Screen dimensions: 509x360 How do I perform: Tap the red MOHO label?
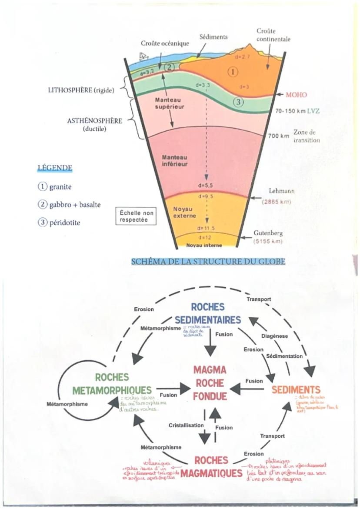coord(297,95)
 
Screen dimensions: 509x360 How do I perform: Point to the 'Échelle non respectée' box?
coord(134,216)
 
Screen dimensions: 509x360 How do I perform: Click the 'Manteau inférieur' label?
coord(175,160)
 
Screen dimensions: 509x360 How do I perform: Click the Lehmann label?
coord(279,191)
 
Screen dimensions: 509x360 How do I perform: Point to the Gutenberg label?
coord(267,233)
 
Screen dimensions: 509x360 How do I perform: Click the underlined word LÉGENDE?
coord(55,168)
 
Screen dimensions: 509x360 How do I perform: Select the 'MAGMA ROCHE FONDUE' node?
coord(210,383)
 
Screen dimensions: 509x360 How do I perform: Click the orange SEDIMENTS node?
coord(296,389)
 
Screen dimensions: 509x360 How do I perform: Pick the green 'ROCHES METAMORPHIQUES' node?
coord(112,383)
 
